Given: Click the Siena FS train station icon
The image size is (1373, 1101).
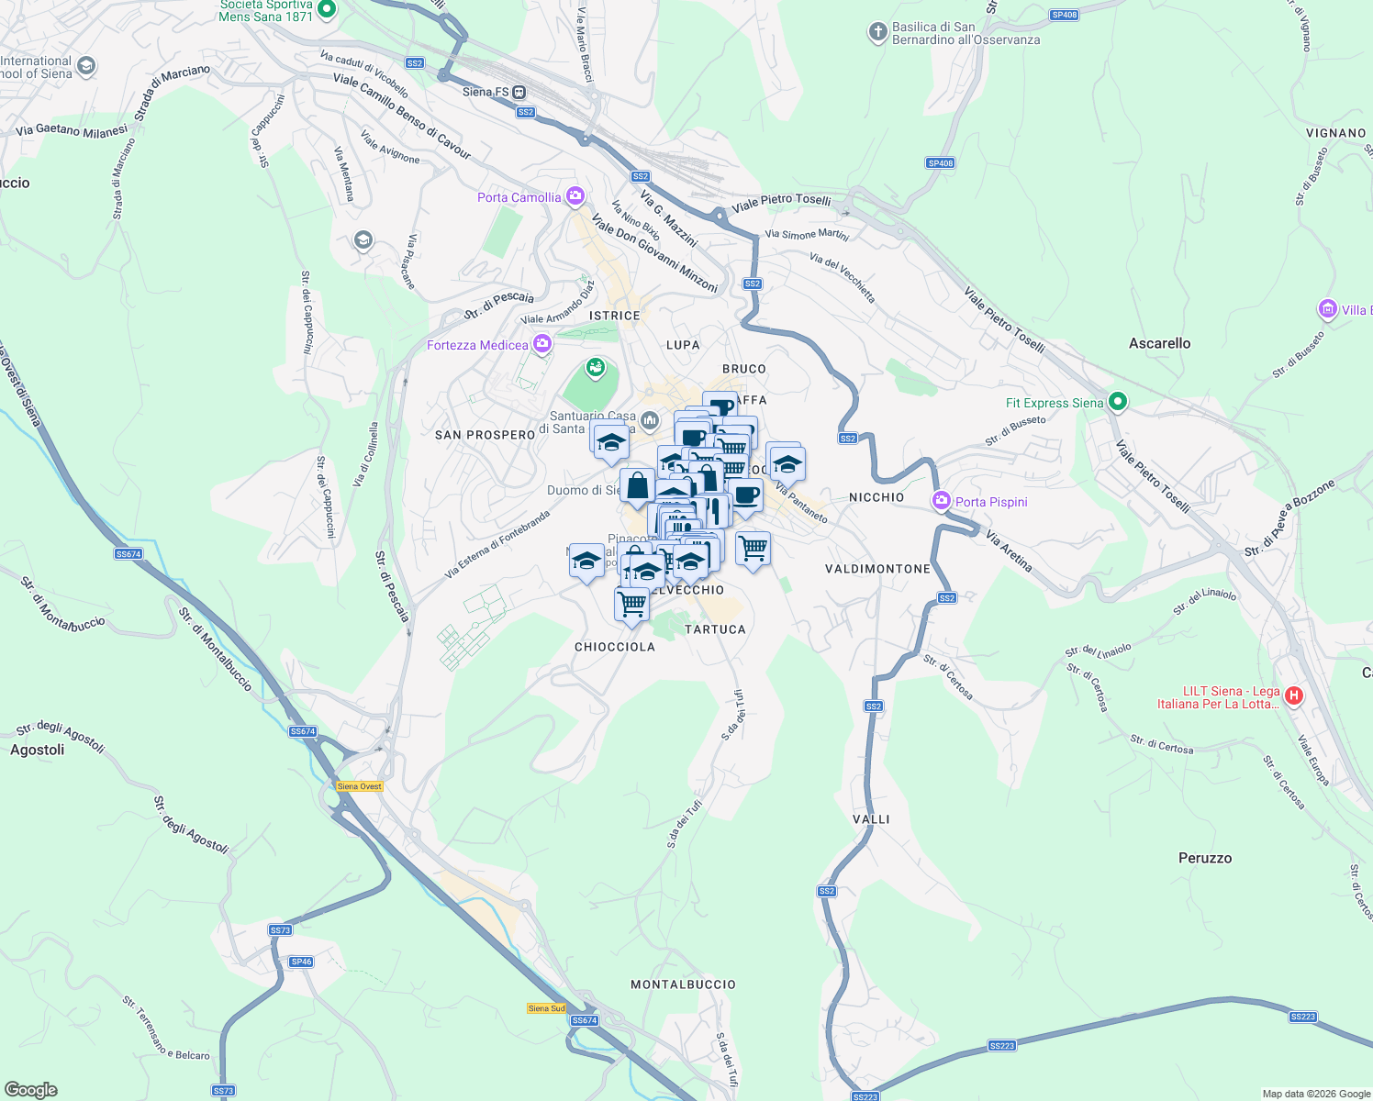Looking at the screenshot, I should tap(519, 92).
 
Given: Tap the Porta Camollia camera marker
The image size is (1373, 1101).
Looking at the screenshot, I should tap(575, 196).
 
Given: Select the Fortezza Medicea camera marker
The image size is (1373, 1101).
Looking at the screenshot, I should tap(542, 344).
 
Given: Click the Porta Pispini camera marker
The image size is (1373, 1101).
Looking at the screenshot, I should tap(941, 501).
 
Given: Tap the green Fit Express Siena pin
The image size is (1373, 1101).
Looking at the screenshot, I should tap(1117, 402).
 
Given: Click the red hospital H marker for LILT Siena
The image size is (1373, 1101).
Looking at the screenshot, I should tap(1294, 695).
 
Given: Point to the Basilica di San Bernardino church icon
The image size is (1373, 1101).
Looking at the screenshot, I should tap(877, 32).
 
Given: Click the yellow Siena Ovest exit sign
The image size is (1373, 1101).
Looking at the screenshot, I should tap(359, 786).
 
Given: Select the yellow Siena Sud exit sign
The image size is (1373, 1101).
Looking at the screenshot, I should tap(546, 1008).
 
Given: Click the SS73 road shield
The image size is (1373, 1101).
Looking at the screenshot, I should tap(280, 929).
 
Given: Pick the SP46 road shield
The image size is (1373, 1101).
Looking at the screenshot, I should tap(301, 962).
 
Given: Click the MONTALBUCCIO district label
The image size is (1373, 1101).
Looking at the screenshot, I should tap(683, 984).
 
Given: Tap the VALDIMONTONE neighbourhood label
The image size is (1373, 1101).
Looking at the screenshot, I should tap(877, 569).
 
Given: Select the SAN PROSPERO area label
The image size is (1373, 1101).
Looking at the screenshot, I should tap(485, 435).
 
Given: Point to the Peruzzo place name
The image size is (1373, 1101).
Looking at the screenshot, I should tap(1205, 858).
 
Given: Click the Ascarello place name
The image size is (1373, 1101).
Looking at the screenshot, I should tap(1159, 343).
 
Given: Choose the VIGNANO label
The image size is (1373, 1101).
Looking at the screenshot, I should tap(1335, 133).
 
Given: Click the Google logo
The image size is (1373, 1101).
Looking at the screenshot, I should tap(31, 1089).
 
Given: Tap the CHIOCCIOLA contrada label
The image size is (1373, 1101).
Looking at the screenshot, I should tap(615, 647).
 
